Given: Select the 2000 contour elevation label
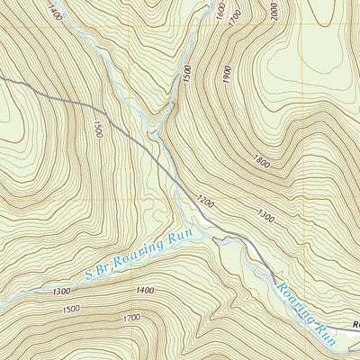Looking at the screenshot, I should [x=274, y=11].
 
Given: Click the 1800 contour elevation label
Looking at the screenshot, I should [x=262, y=163].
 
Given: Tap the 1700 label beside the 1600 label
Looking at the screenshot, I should [x=237, y=15].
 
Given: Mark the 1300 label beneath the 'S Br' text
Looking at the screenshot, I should [x=62, y=292].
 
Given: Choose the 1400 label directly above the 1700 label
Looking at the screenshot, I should [x=143, y=291].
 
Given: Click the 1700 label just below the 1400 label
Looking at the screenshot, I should [x=132, y=318].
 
